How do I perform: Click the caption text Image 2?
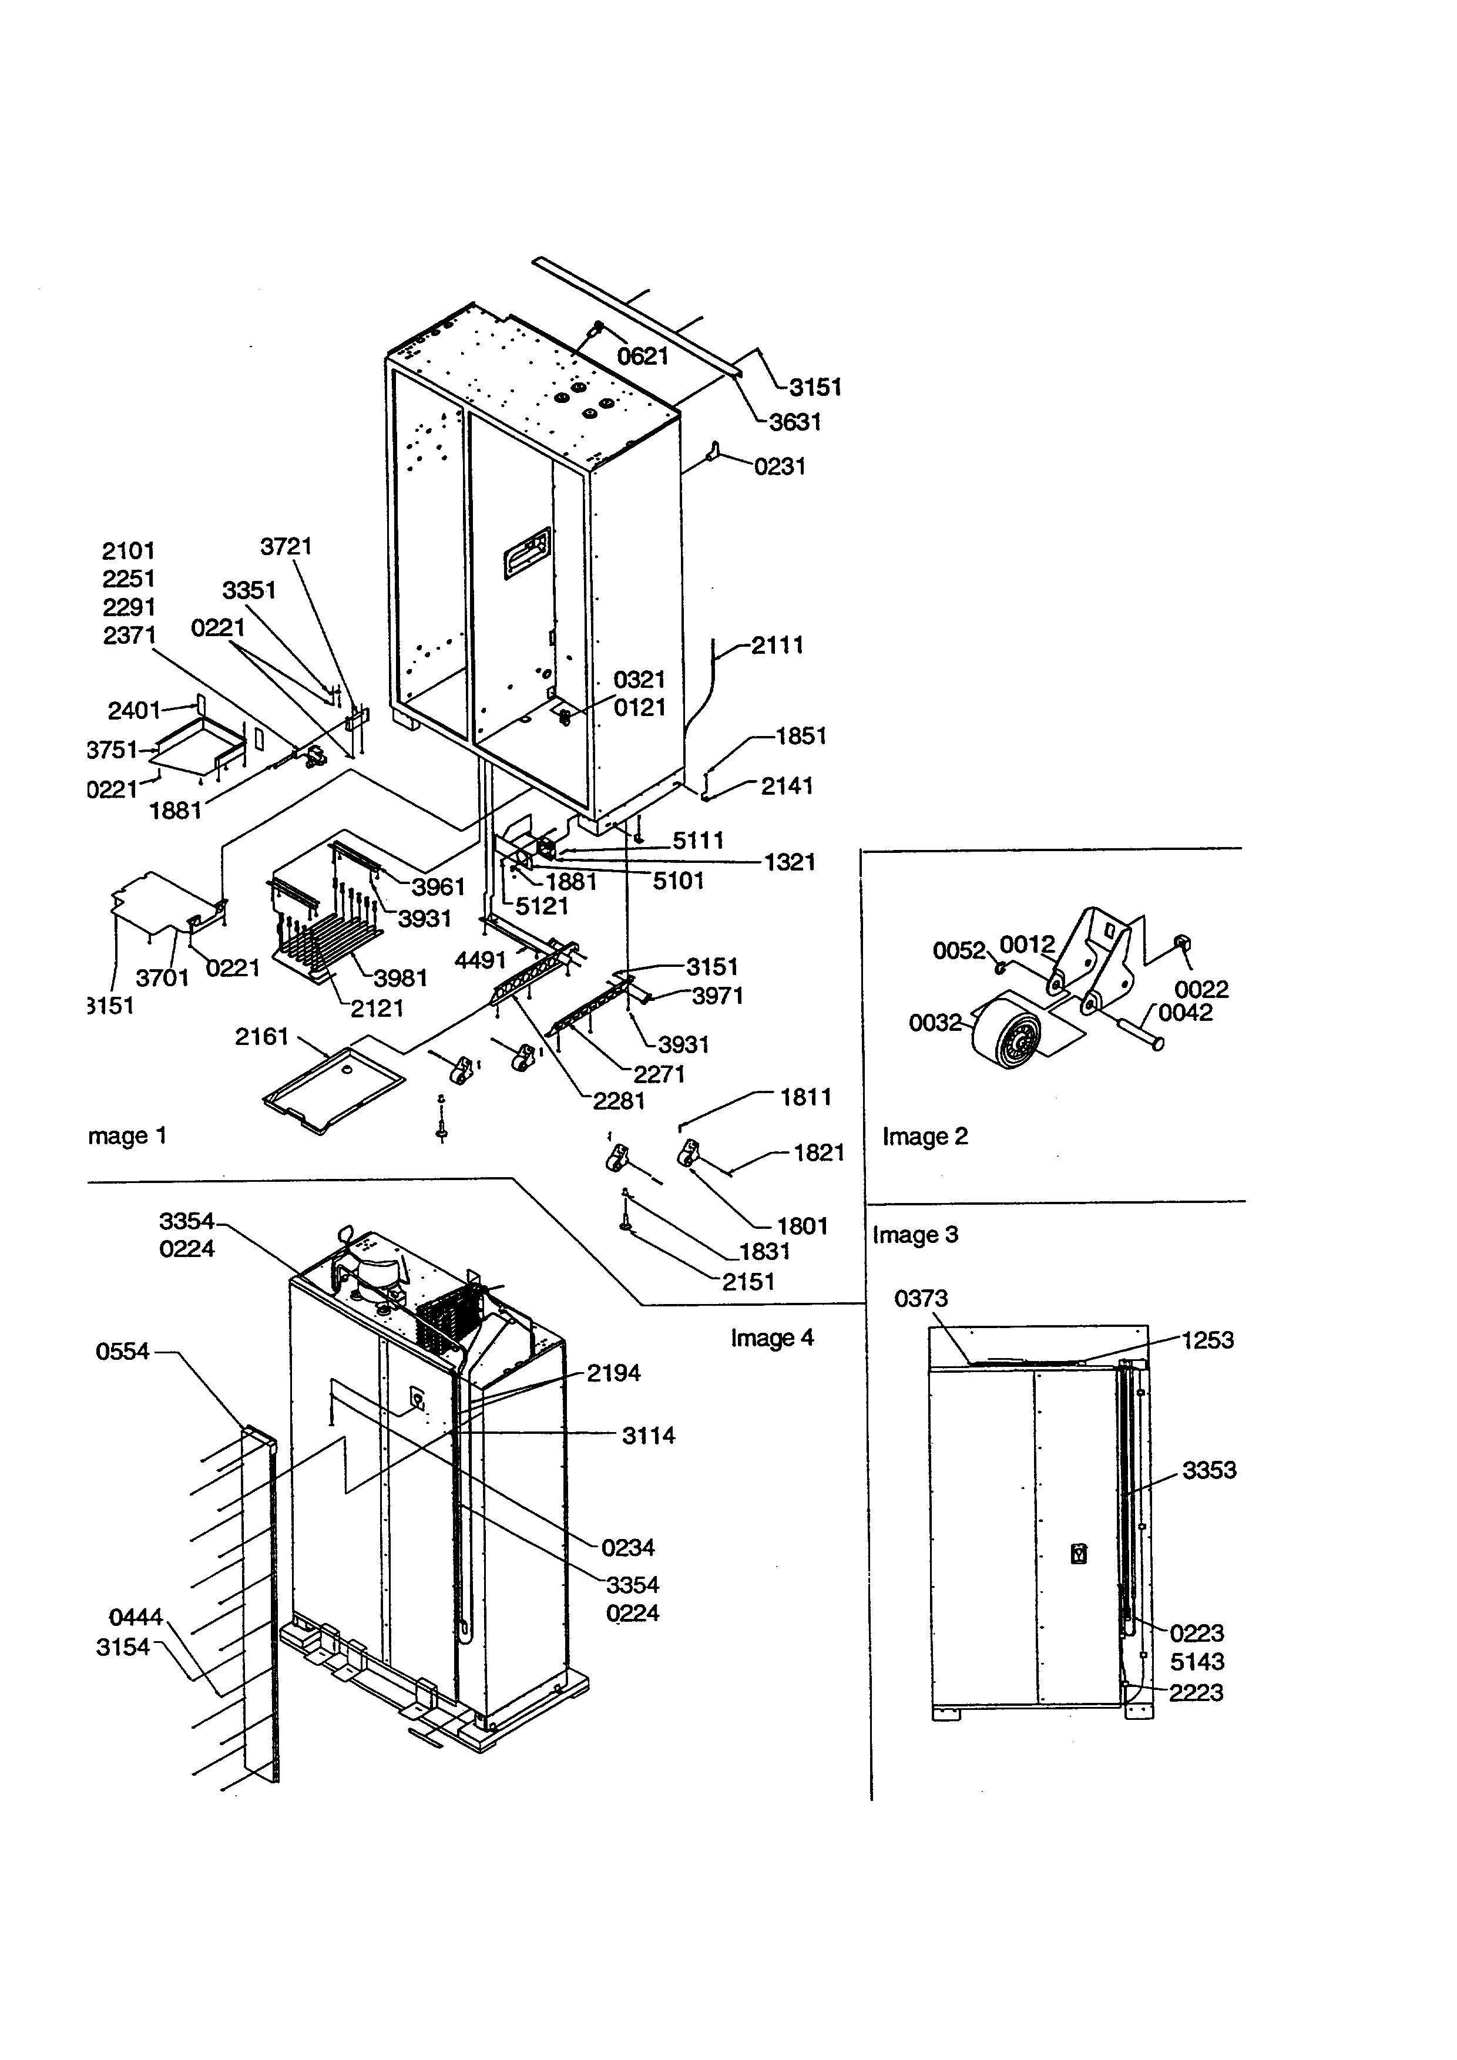925,1137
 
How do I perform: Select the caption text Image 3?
915,1235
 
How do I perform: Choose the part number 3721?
286,546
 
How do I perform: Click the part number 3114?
648,1436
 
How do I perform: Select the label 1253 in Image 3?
1207,1340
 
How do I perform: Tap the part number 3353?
1208,1470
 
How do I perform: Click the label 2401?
134,711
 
